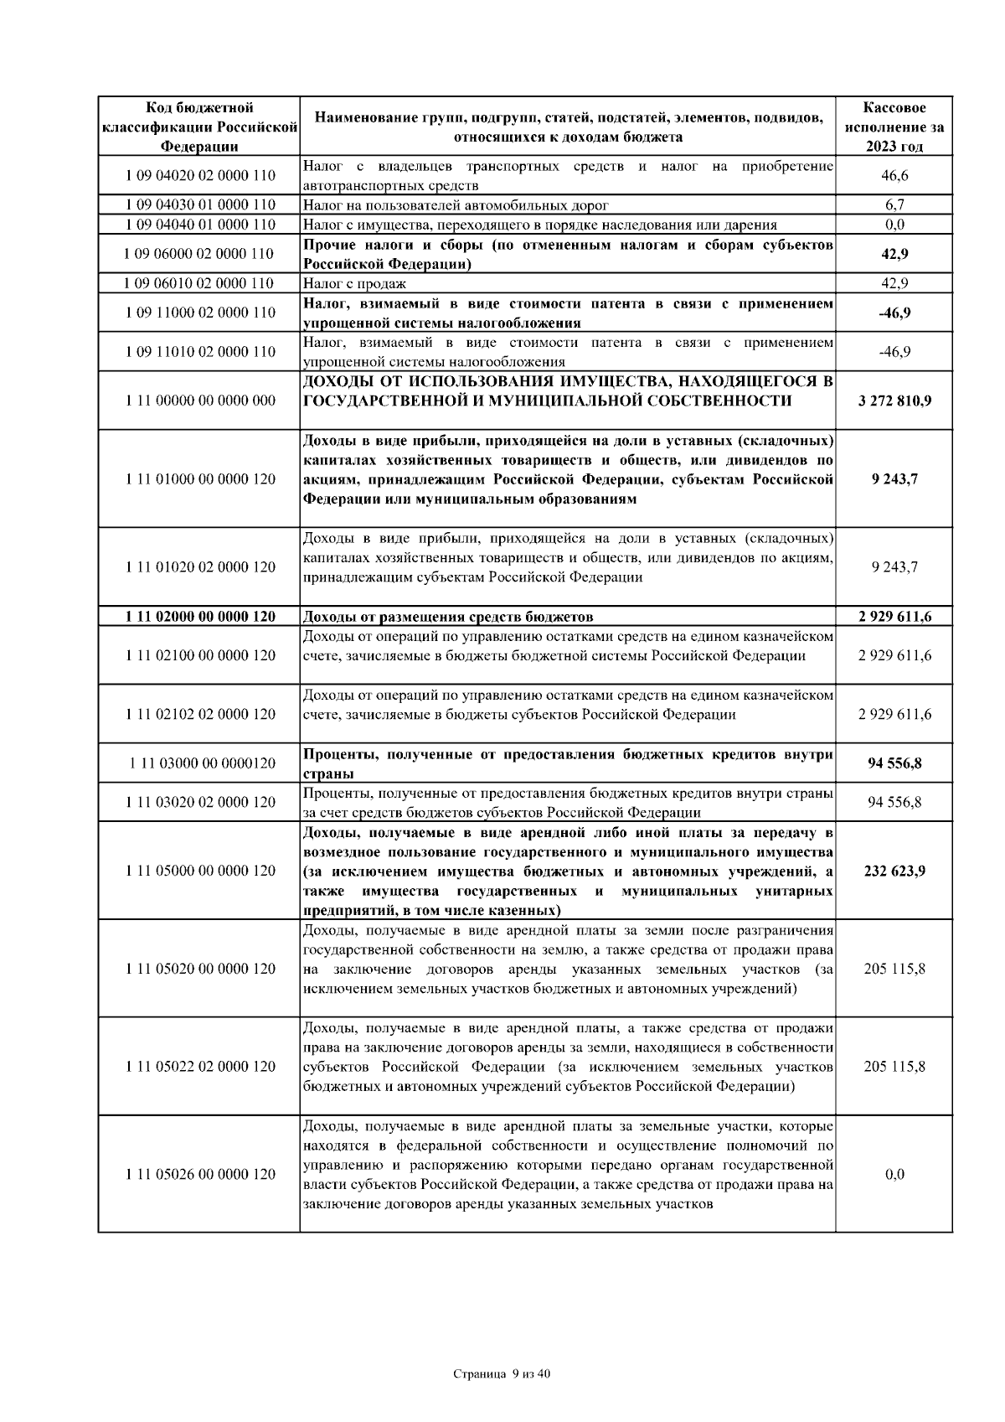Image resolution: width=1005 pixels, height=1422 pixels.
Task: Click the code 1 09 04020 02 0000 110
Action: (x=199, y=176)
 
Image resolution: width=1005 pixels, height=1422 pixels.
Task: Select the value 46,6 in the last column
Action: (x=894, y=176)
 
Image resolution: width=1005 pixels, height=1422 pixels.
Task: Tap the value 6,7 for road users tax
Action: (x=894, y=204)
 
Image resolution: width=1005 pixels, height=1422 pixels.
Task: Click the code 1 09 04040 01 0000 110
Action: (x=199, y=225)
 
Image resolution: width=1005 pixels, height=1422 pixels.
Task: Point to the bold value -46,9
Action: (x=894, y=313)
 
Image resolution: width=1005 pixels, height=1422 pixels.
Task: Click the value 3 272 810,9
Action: (x=894, y=401)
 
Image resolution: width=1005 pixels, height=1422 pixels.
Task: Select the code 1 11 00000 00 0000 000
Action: (x=199, y=401)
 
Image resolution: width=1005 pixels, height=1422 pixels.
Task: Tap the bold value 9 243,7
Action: (x=894, y=479)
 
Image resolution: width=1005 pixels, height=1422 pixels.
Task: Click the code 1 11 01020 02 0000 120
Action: (x=199, y=567)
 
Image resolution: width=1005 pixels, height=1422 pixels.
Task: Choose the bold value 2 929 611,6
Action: (x=894, y=617)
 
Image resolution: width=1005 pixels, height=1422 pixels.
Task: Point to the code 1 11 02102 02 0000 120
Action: (x=199, y=715)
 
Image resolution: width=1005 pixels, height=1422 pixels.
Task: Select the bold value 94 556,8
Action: (x=894, y=763)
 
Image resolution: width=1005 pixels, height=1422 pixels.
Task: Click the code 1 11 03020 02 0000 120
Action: (x=199, y=803)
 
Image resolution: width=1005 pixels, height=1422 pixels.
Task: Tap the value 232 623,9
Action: (x=894, y=871)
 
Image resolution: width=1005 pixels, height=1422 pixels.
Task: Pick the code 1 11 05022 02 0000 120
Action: (x=199, y=1067)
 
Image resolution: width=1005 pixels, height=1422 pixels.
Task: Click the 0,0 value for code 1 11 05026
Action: (x=894, y=1174)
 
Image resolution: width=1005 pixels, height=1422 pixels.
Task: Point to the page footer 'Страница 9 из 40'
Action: (x=502, y=1374)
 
